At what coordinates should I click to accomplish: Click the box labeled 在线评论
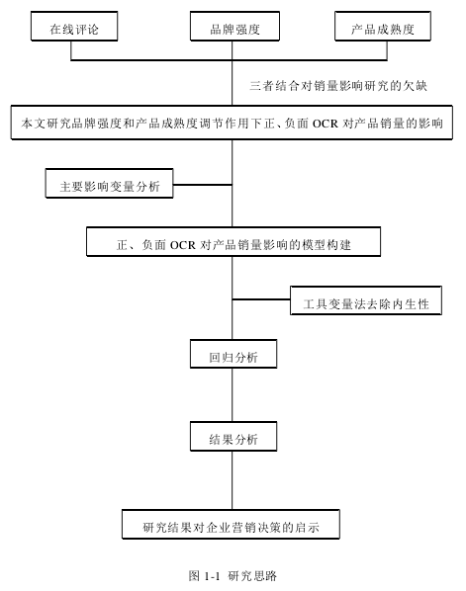74,26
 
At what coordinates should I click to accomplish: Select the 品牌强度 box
234,26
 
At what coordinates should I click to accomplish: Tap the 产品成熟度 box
383,26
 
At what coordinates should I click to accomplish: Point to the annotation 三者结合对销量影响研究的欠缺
338,86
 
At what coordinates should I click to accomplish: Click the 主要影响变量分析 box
109,183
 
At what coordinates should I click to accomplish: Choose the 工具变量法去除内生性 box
366,300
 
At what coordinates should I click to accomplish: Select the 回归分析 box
233,354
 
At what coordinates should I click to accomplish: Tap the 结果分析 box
233,436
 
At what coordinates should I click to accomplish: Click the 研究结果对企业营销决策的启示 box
231,524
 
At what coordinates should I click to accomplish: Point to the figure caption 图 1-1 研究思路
233,576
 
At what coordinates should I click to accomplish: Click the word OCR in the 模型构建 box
183,245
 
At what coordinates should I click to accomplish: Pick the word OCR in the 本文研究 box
326,124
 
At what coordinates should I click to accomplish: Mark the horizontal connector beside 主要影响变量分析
203,185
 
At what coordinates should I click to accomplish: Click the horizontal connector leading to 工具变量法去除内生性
261,299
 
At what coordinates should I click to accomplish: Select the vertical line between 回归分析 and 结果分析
233,395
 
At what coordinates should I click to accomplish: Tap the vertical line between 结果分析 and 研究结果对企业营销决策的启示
233,480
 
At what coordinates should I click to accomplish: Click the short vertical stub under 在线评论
71,50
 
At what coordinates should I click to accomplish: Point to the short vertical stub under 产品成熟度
387,50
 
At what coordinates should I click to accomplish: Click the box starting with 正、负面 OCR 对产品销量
233,241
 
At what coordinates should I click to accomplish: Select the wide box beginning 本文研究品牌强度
232,123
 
